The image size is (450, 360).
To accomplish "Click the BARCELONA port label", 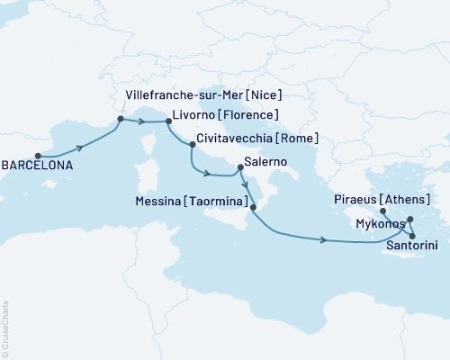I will (39, 166).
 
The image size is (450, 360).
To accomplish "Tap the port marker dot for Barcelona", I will (38, 154).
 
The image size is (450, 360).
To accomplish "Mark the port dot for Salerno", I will (238, 166).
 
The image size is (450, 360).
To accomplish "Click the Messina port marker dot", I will (253, 208).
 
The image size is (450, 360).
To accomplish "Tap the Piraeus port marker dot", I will (383, 212).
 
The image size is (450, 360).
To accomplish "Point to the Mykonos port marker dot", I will (410, 220).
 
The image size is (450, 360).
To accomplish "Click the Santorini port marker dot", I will (412, 237).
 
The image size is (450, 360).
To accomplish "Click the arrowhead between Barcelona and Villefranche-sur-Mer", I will (84, 147).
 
